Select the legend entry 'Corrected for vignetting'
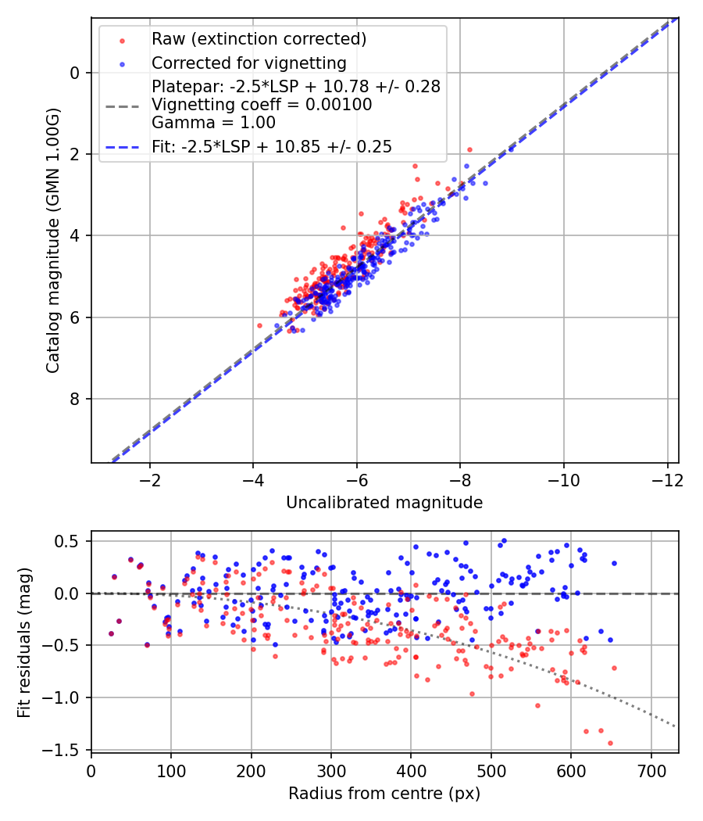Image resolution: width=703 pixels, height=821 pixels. (249, 63)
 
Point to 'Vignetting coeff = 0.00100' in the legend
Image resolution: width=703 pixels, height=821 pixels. (262, 104)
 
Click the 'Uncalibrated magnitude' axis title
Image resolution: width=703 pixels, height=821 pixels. (384, 503)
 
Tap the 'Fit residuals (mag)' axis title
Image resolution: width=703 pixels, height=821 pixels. (25, 642)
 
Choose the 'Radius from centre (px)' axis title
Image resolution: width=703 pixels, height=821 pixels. (384, 794)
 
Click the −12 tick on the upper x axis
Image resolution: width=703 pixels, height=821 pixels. (667, 479)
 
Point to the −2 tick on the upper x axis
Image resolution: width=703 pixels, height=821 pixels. (150, 479)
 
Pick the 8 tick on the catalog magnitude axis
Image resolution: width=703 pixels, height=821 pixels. (75, 399)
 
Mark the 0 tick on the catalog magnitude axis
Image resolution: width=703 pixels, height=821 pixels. (75, 73)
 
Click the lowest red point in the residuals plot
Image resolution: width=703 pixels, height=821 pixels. (610, 743)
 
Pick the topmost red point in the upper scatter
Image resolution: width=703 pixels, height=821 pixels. (469, 149)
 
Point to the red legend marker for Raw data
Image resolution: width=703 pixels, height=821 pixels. (122, 39)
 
